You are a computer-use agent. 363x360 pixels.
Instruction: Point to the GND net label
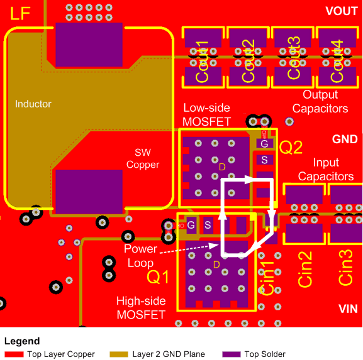click(344, 139)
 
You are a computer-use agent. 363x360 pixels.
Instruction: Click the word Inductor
click(33, 104)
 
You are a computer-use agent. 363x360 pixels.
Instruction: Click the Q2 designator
click(291, 148)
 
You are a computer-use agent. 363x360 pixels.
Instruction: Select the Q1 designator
click(157, 276)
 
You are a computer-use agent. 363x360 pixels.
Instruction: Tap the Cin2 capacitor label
click(305, 269)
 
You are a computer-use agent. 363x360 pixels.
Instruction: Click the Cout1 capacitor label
click(203, 61)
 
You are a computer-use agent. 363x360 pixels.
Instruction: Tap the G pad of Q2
click(264, 144)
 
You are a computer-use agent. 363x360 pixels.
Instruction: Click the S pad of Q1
click(207, 224)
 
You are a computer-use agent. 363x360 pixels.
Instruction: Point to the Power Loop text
click(140, 255)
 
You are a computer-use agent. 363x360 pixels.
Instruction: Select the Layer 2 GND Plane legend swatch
click(120, 354)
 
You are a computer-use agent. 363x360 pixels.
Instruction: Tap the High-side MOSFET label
click(141, 308)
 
